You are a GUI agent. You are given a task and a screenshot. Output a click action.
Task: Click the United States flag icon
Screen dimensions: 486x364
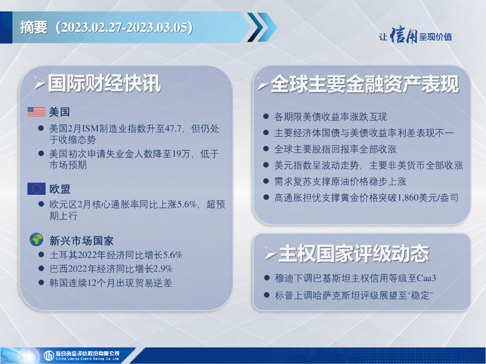tap(36, 111)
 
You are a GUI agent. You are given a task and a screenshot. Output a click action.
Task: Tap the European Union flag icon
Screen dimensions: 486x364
tap(36, 189)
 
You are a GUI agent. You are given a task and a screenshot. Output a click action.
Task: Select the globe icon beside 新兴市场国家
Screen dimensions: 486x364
tap(36, 239)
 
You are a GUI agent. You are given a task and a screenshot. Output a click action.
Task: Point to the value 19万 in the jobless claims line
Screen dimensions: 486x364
tap(181, 154)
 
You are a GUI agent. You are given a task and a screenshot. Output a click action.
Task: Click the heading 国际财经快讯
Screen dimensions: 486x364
tap(104, 83)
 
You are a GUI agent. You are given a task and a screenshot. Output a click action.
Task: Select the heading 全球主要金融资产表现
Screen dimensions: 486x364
tap(365, 84)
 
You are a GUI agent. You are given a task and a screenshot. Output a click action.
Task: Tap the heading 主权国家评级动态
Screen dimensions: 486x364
tap(354, 254)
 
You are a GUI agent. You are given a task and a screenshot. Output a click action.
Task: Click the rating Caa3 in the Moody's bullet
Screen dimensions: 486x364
tap(427, 278)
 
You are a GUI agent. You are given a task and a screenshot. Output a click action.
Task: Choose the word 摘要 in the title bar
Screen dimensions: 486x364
tap(34, 27)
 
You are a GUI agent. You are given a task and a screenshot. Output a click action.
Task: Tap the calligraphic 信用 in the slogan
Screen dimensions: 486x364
tap(404, 36)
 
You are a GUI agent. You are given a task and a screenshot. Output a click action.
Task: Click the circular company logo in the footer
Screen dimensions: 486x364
tap(49, 355)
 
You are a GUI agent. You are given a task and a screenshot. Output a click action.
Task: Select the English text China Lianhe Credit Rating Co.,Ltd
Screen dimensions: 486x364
tap(87, 359)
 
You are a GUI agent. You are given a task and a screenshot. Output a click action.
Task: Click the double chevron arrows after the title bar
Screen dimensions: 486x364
tap(262, 27)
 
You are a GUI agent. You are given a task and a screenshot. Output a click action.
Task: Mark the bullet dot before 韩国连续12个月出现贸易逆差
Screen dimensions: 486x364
tap(41, 282)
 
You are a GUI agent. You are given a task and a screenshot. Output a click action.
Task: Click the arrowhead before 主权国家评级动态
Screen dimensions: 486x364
tap(271, 254)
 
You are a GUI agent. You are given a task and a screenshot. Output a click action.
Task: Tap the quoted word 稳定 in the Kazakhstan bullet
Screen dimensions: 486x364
tap(420, 295)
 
